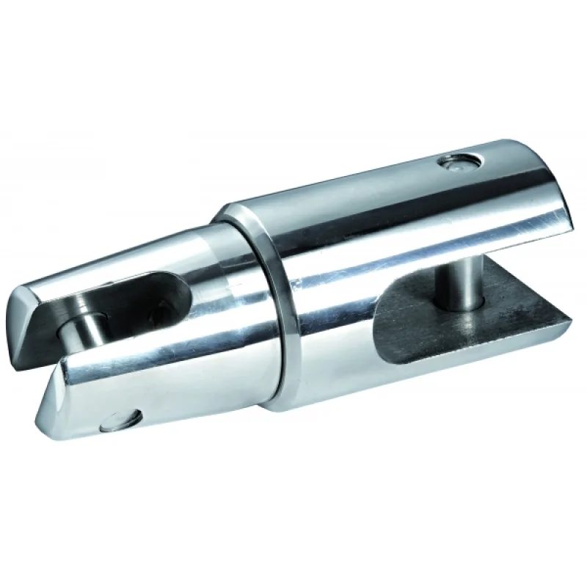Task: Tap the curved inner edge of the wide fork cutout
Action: [378, 323]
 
